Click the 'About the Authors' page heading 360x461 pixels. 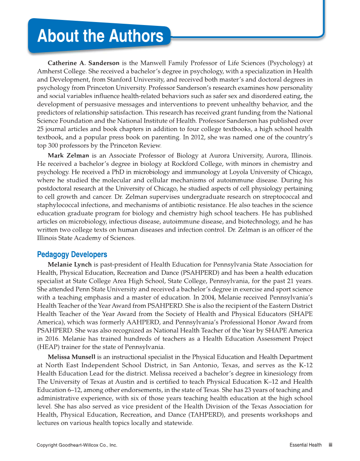pyautogui.click(x=100, y=36)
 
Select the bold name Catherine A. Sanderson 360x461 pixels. pyautogui.click(x=83, y=63)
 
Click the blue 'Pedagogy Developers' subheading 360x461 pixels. pyautogui.click(x=72, y=254)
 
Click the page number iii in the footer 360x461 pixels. pyautogui.click(x=330, y=445)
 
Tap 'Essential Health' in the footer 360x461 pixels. pyautogui.click(x=305, y=445)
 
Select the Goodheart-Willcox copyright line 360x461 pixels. pyautogui.click(x=77, y=445)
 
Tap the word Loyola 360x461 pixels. pyautogui.click(x=241, y=172)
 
